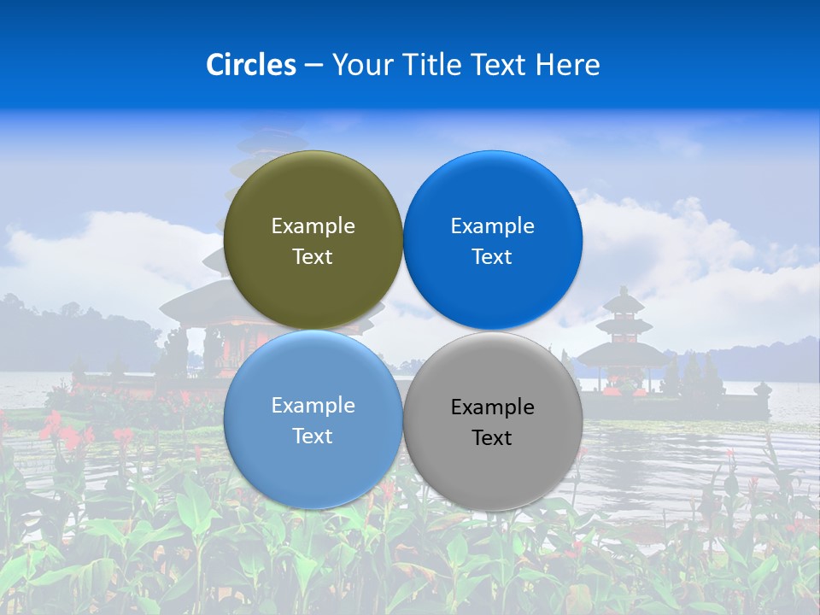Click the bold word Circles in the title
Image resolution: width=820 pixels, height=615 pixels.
click(251, 65)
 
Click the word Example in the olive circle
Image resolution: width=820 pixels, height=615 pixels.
click(313, 226)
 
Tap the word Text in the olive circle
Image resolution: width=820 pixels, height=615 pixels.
click(313, 257)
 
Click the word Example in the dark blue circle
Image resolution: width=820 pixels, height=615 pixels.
click(493, 226)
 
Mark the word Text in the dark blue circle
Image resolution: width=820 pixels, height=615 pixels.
click(493, 257)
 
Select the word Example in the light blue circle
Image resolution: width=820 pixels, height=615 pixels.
click(313, 406)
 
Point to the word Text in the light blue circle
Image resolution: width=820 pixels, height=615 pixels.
click(313, 436)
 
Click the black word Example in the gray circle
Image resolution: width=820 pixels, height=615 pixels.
click(493, 407)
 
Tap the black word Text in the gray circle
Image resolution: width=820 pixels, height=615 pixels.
click(493, 438)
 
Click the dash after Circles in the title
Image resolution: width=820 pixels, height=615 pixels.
click(313, 65)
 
